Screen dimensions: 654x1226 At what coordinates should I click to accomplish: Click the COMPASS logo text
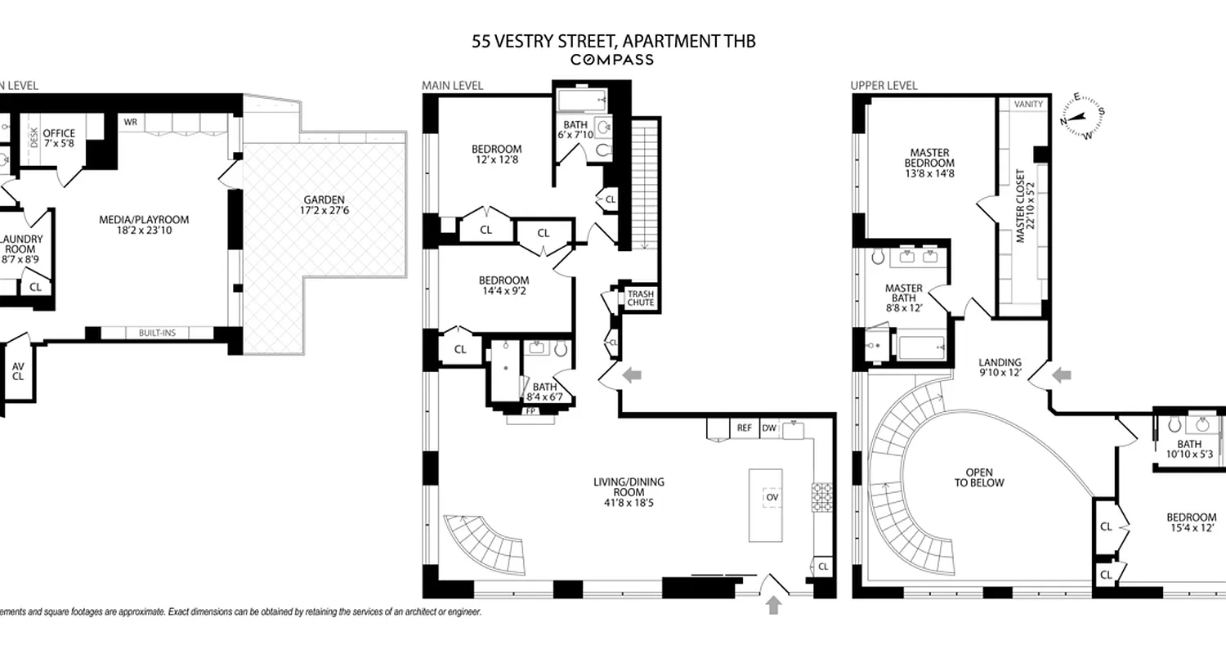click(612, 59)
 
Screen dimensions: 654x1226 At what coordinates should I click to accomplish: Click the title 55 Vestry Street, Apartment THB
click(613, 41)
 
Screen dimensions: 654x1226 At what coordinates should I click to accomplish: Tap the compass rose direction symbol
click(1083, 117)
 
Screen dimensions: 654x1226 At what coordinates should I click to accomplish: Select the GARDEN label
click(324, 205)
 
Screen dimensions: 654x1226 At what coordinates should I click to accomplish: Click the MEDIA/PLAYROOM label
click(144, 225)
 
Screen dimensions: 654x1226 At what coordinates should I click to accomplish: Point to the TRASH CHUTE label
click(641, 298)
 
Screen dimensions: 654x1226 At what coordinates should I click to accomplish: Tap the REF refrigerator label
click(744, 428)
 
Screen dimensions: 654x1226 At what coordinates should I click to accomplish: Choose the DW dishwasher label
click(768, 428)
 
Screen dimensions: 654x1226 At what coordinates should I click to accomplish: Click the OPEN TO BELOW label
click(984, 477)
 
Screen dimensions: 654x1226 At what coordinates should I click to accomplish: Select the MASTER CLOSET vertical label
click(1021, 208)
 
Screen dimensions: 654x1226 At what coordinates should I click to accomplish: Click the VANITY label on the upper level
click(1027, 105)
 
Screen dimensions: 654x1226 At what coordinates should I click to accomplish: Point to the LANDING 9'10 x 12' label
click(1000, 368)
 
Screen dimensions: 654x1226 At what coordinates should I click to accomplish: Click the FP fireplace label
click(530, 410)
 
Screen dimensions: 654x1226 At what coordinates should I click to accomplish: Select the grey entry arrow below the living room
click(774, 605)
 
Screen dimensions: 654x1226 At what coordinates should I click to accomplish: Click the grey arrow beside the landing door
click(1062, 375)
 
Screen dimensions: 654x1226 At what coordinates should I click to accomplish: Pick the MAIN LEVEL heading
click(452, 85)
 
